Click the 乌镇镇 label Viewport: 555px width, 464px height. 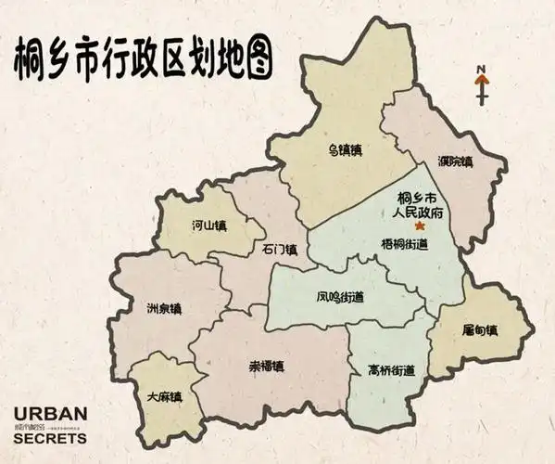click(344, 148)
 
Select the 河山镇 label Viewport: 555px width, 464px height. click(209, 225)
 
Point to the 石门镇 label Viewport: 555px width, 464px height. click(279, 250)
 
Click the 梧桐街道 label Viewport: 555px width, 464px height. click(404, 244)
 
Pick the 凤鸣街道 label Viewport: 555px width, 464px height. click(340, 298)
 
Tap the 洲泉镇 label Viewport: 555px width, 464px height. click(164, 307)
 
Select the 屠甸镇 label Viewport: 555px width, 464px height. click(481, 329)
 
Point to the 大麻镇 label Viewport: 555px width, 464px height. click(164, 396)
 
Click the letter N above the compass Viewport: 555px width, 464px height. click(482, 69)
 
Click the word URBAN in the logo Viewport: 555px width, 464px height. click(51, 414)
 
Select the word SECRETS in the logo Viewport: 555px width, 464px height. click(51, 439)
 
